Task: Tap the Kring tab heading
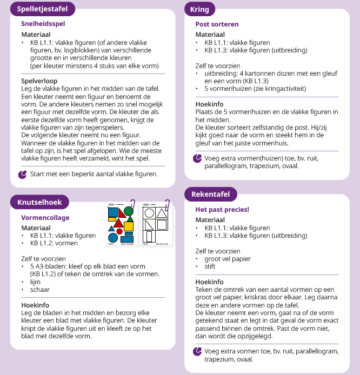(x=199, y=9)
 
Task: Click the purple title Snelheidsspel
(x=44, y=24)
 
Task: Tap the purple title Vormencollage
(x=45, y=217)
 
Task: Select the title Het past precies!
(x=222, y=209)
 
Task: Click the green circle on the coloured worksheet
(x=129, y=210)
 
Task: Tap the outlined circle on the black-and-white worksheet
(x=150, y=213)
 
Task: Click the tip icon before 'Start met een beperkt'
(x=22, y=175)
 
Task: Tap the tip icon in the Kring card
(x=197, y=158)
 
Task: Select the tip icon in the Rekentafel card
(x=197, y=351)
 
